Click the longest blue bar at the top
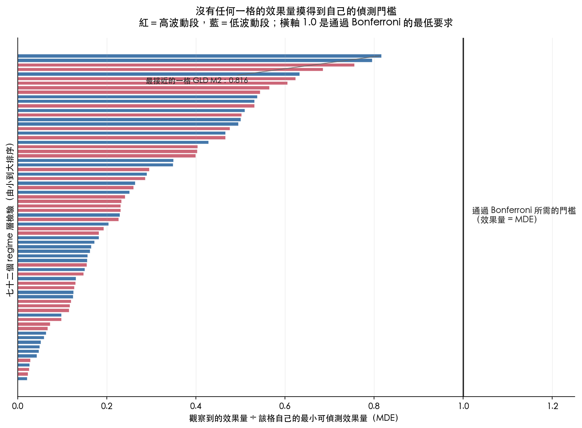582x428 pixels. point(200,56)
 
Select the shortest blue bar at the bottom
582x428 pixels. point(22,379)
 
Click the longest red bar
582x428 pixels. point(186,65)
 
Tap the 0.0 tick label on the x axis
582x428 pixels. point(18,406)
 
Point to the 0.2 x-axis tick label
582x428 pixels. point(107,406)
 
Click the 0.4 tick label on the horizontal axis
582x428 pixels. point(196,406)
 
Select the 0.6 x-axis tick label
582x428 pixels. point(285,406)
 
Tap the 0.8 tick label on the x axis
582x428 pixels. point(374,406)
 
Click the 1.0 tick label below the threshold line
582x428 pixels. point(463,406)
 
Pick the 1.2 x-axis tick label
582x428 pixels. point(553,406)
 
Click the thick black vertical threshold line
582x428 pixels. point(463,217)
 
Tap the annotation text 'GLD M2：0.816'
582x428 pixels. point(220,81)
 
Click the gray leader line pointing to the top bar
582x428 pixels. point(306,66)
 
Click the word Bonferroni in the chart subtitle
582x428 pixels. point(376,23)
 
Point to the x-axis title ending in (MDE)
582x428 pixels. point(293,418)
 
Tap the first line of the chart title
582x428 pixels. point(296,11)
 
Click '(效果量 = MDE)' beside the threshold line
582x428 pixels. point(507,219)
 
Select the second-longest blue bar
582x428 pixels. point(195,60)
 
